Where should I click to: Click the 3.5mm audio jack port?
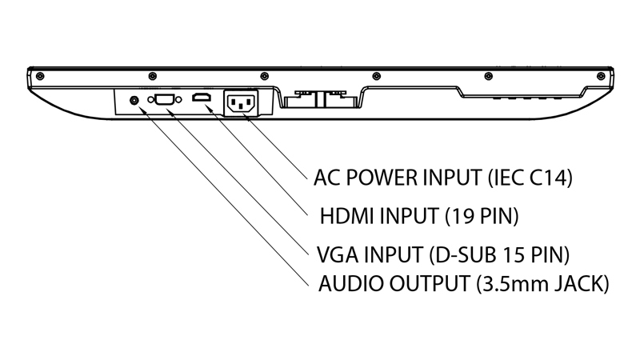(x=134, y=100)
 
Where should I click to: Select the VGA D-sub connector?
(x=165, y=99)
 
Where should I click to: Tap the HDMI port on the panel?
(x=202, y=98)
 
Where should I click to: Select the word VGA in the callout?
(x=338, y=254)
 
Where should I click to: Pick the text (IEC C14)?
(x=530, y=178)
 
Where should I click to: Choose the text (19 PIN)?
(x=482, y=216)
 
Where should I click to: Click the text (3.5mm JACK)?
(x=542, y=284)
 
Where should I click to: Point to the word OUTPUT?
(x=430, y=283)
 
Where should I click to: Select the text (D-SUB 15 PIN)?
(x=499, y=254)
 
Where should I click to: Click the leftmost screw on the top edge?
(x=40, y=76)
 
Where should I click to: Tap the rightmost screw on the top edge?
(x=601, y=76)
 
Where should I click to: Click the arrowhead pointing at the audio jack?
(x=142, y=110)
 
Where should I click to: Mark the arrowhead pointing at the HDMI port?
(x=207, y=108)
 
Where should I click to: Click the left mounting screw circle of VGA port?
(x=150, y=100)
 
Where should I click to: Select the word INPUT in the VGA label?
(x=394, y=254)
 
